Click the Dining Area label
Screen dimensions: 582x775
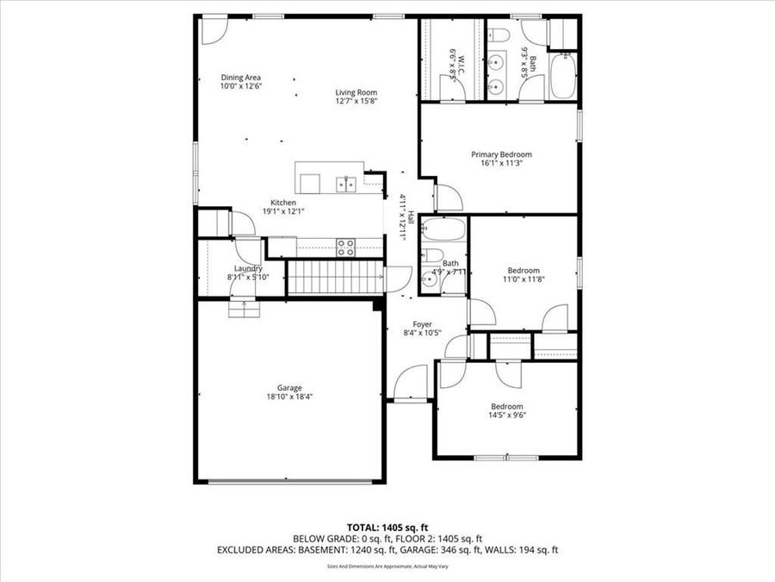pyautogui.click(x=240, y=78)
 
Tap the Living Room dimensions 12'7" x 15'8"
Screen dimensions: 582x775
pyautogui.click(x=356, y=102)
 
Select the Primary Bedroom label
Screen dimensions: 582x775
pyautogui.click(x=501, y=155)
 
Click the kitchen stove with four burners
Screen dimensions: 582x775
pyautogui.click(x=346, y=247)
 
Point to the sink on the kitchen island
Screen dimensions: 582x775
pyautogui.click(x=347, y=183)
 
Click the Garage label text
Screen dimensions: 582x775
pyautogui.click(x=289, y=388)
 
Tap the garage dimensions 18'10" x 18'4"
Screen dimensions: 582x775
pyautogui.click(x=289, y=397)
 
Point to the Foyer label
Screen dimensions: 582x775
pyautogui.click(x=422, y=324)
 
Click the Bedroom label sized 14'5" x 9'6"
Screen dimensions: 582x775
pyautogui.click(x=507, y=406)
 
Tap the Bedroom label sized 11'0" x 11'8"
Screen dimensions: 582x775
pyautogui.click(x=523, y=270)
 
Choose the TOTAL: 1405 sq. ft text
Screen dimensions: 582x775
pyautogui.click(x=387, y=526)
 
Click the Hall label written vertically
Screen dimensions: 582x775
pyautogui.click(x=411, y=219)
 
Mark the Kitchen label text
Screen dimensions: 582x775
pyautogui.click(x=284, y=203)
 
